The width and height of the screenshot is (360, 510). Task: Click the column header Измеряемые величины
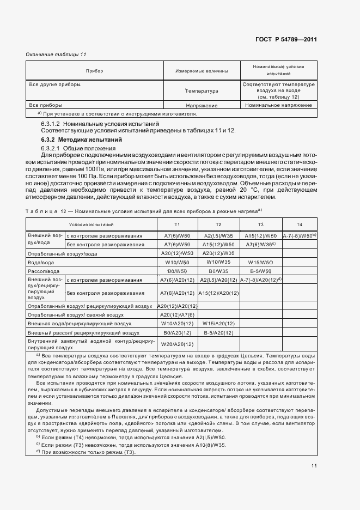point(202,71)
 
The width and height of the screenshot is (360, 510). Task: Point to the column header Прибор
point(95,71)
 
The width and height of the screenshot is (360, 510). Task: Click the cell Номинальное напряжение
point(278,105)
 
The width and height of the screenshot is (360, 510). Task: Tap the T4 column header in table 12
point(299,224)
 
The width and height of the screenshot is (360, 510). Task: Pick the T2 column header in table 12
point(218,224)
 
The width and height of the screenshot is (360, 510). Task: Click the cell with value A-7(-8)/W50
point(299,236)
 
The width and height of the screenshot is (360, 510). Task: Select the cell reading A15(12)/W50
point(260,236)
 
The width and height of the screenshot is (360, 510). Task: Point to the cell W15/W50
point(260,262)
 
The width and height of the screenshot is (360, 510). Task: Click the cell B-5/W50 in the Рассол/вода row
point(260,271)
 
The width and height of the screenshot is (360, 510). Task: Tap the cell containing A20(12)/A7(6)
point(177,315)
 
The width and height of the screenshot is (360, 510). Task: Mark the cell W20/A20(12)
point(177,344)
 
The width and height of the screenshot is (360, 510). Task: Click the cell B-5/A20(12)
point(218,332)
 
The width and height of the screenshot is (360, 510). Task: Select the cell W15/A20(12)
point(218,323)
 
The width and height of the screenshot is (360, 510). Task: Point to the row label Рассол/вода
point(44,271)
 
